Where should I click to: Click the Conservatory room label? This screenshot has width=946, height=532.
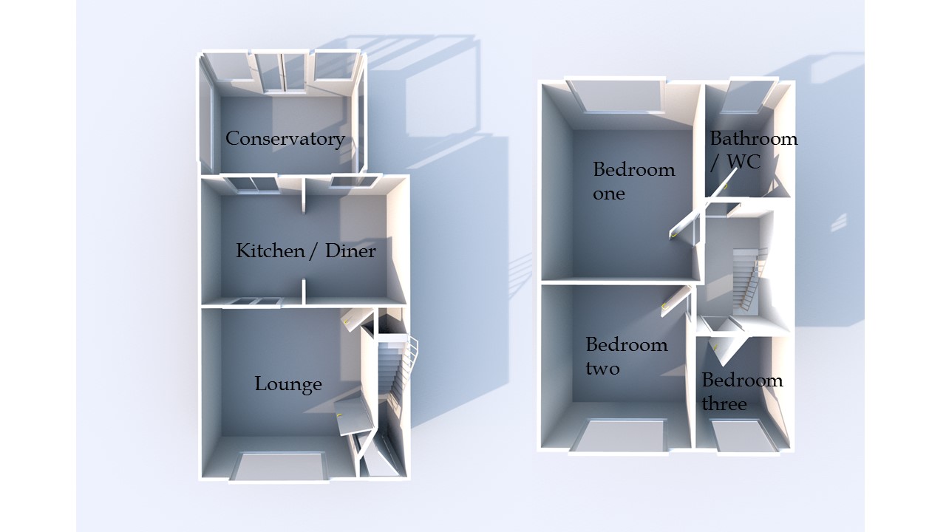(x=285, y=138)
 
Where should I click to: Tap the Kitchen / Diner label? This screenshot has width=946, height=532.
(x=305, y=251)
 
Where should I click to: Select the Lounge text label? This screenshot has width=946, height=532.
(x=288, y=384)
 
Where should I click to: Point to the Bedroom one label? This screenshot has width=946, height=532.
(x=633, y=181)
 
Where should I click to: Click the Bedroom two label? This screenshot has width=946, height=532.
(x=626, y=356)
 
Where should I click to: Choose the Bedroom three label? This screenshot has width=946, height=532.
(x=741, y=392)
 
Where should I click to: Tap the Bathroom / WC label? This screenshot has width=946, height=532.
(x=753, y=150)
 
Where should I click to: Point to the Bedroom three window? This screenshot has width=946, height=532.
(x=746, y=436)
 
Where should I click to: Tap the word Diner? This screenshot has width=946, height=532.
(x=351, y=251)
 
